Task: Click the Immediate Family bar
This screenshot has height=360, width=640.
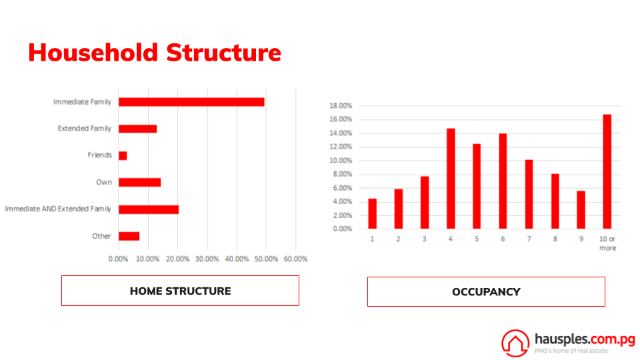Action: pyautogui.click(x=191, y=102)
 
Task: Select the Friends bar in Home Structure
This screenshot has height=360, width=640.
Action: pyautogui.click(x=123, y=155)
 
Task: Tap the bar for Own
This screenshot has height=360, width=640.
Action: pyautogui.click(x=139, y=183)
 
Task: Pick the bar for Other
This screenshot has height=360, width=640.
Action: pyautogui.click(x=129, y=236)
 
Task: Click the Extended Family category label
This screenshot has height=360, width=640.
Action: pyautogui.click(x=84, y=129)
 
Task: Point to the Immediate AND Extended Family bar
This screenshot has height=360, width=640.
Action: pyautogui.click(x=149, y=209)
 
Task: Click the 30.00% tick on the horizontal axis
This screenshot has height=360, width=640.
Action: pyautogui.click(x=207, y=259)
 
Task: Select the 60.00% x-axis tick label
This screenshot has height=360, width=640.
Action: pyautogui.click(x=295, y=259)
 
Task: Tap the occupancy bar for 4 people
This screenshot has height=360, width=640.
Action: pyautogui.click(x=451, y=179)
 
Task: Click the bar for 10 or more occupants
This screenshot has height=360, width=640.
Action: pyautogui.click(x=607, y=171)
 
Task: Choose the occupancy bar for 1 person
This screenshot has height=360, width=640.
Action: pyautogui.click(x=372, y=213)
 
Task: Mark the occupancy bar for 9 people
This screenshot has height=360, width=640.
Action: pyautogui.click(x=581, y=210)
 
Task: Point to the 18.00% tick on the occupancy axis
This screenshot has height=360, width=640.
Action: pyautogui.click(x=341, y=106)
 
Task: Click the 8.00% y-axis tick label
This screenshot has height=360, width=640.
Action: pyautogui.click(x=342, y=174)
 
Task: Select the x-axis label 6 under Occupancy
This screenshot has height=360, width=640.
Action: pyautogui.click(x=503, y=239)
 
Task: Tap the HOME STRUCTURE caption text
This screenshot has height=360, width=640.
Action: pyautogui.click(x=181, y=291)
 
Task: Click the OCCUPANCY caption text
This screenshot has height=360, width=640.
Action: pyautogui.click(x=486, y=292)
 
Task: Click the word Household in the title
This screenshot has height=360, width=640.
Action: pyautogui.click(x=93, y=53)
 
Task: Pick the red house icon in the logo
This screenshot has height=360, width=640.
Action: pyautogui.click(x=515, y=343)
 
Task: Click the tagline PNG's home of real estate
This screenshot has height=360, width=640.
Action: pyautogui.click(x=571, y=351)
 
